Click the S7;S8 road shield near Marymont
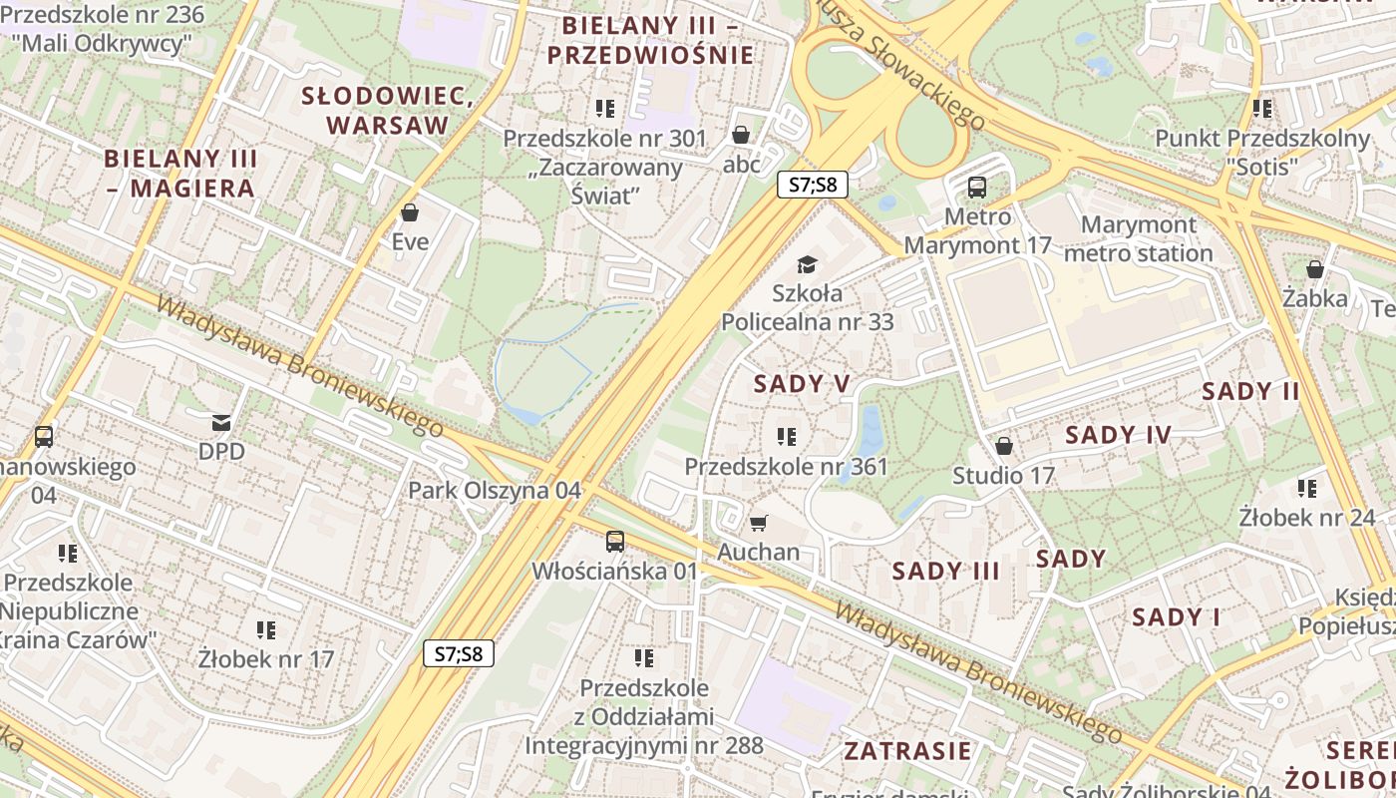click(x=812, y=185)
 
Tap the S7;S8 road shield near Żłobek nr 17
click(x=459, y=653)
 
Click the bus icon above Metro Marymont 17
click(x=977, y=187)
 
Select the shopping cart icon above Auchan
click(x=759, y=523)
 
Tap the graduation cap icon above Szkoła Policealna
click(x=807, y=264)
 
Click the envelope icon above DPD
click(x=220, y=423)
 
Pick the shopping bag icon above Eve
click(x=409, y=212)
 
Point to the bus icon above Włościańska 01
click(x=615, y=542)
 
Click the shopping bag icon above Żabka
click(x=1315, y=269)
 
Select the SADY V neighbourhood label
click(x=802, y=384)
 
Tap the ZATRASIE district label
click(x=907, y=750)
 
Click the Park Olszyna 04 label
click(x=495, y=491)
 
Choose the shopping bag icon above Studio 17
click(x=1004, y=446)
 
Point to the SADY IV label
click(x=1118, y=435)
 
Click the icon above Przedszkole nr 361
click(x=786, y=436)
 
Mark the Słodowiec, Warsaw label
click(x=387, y=110)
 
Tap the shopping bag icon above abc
click(x=741, y=135)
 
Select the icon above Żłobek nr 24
click(x=1306, y=488)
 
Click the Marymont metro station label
click(x=1138, y=238)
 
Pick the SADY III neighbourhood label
click(x=945, y=572)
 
